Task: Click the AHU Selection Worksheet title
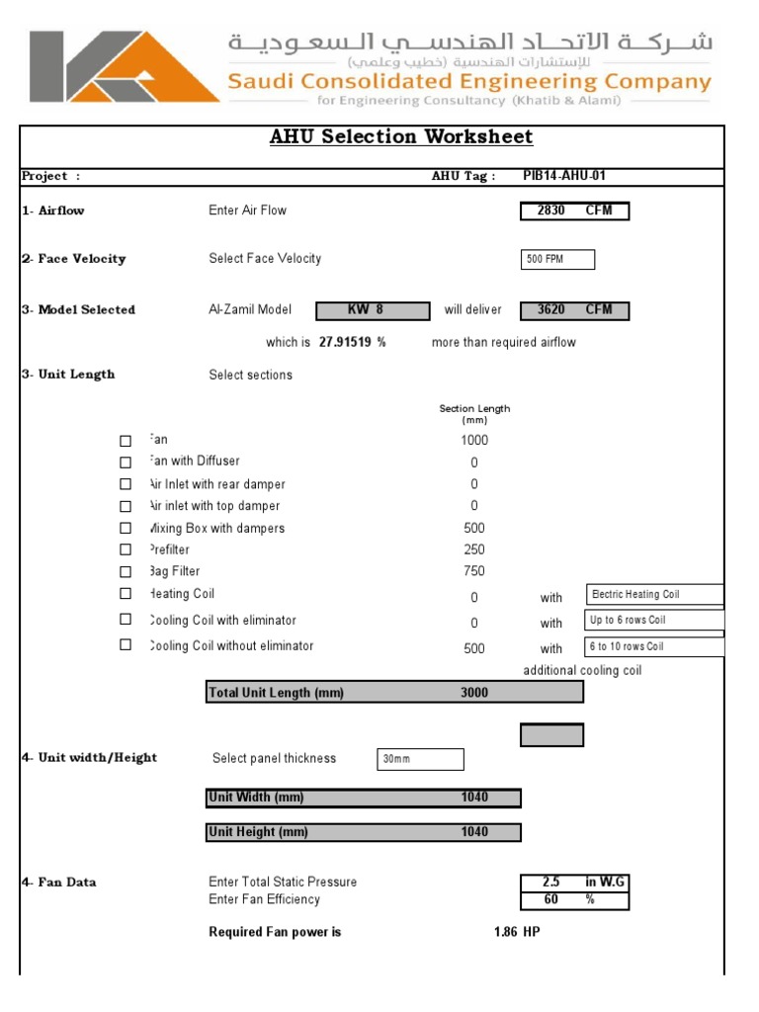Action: (x=401, y=137)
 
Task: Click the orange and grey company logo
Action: (x=125, y=67)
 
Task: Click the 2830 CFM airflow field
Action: (x=574, y=211)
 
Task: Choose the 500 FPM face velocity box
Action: (x=557, y=259)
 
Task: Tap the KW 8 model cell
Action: (x=373, y=310)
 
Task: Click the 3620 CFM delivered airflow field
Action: (x=574, y=310)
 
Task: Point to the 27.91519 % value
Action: (x=352, y=343)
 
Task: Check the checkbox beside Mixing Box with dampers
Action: (x=126, y=528)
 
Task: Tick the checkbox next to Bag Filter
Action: (x=126, y=571)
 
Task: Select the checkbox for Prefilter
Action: (x=126, y=549)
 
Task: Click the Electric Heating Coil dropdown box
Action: (x=654, y=594)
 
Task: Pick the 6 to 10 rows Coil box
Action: (x=654, y=646)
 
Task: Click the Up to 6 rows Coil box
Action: (x=654, y=620)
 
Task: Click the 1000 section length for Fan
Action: (x=474, y=441)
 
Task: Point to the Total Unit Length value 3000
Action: (x=474, y=693)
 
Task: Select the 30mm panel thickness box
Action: (x=420, y=759)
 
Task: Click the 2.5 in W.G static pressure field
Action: (x=574, y=882)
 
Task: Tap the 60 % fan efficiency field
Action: (x=574, y=899)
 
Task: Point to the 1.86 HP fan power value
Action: (x=516, y=932)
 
